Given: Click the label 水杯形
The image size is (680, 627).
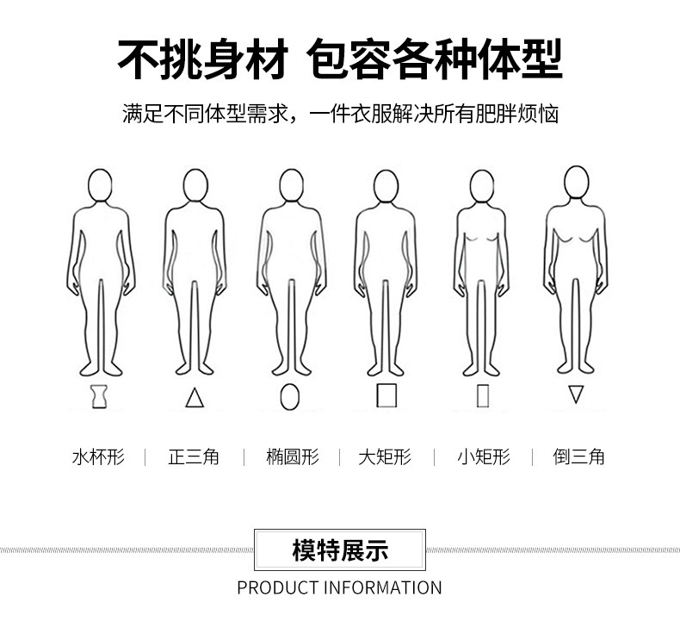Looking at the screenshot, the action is tap(98, 457).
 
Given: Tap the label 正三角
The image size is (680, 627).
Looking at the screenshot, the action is tap(194, 457).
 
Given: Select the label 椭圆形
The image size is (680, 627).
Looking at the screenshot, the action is tap(293, 457).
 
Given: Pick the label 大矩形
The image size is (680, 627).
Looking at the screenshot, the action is tap(385, 457).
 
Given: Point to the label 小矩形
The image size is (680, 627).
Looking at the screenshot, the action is tap(484, 457).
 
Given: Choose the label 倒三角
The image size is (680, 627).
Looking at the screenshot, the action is tap(578, 457).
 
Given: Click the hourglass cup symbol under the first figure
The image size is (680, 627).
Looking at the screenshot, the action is tap(99, 396).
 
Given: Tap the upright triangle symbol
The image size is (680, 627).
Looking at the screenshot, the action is tap(195, 397).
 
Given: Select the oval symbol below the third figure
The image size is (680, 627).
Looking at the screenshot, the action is tap(290, 396).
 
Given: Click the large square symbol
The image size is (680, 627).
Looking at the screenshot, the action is tap(386, 394).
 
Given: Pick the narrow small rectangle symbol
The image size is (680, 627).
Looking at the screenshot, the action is tap(483, 395).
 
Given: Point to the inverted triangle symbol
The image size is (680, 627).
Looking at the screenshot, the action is tap(576, 394).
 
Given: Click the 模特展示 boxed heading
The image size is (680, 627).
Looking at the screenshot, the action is tap(340, 549).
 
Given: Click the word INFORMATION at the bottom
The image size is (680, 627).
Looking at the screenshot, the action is tap(383, 588).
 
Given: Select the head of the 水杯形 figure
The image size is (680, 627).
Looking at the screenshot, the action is tap(100, 185).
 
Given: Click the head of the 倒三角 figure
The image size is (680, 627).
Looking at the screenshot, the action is tap(577, 183).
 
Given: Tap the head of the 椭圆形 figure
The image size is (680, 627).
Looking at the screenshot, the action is tap(292, 185).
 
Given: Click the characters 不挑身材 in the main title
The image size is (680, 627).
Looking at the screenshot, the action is tap(203, 59).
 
